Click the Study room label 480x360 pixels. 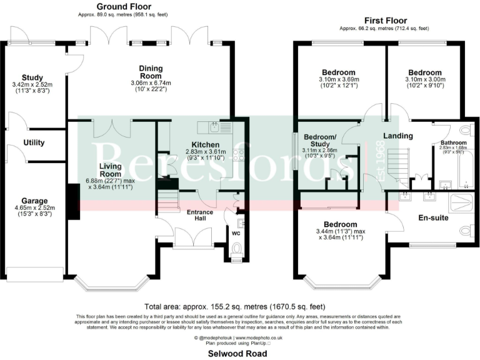(x=31, y=77)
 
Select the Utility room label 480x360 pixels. (x=33, y=142)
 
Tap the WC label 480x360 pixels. (x=236, y=234)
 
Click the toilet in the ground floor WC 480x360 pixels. (x=237, y=250)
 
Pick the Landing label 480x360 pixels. (x=397, y=136)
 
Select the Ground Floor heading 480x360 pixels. (x=123, y=6)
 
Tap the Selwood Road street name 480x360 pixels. (x=239, y=353)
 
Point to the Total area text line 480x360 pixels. (x=234, y=307)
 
